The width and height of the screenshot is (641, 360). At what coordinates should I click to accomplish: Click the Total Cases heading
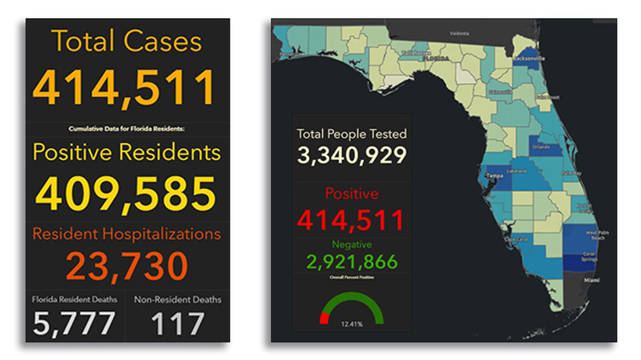click(x=127, y=42)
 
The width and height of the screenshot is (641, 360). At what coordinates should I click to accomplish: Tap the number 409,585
click(x=125, y=193)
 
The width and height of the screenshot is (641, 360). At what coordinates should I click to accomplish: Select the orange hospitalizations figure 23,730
click(x=127, y=266)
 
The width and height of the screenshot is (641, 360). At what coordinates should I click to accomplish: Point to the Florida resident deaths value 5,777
click(x=75, y=323)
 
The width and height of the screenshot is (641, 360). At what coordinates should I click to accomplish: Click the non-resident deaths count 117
click(x=177, y=323)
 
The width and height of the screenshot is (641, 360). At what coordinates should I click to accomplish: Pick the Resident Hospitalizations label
click(x=127, y=233)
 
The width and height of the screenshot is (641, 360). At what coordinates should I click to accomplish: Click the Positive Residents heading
click(x=127, y=152)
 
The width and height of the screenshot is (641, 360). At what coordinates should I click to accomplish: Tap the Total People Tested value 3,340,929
click(x=352, y=155)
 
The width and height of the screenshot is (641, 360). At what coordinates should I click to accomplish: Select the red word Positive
click(x=352, y=194)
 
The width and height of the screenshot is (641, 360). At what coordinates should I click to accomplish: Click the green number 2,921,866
click(x=352, y=261)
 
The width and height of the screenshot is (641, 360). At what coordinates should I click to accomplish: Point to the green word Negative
click(x=352, y=244)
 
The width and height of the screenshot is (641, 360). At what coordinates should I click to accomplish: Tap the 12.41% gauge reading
click(x=352, y=323)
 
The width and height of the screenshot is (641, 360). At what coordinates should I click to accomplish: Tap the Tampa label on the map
click(x=493, y=175)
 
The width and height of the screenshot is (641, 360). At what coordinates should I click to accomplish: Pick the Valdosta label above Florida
click(x=460, y=31)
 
